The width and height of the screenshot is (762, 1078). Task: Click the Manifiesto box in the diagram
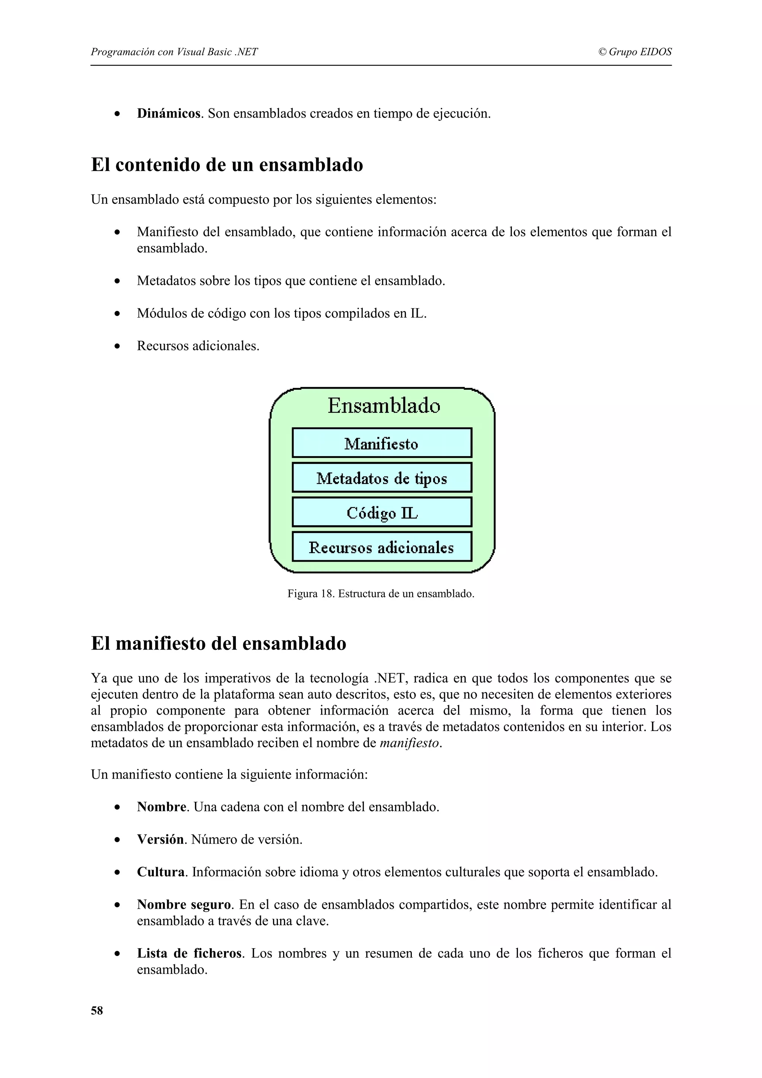click(x=381, y=443)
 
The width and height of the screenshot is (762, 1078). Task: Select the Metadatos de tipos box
click(x=381, y=478)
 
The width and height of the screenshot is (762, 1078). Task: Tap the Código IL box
click(x=381, y=512)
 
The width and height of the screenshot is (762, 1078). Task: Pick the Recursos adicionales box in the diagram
click(x=381, y=547)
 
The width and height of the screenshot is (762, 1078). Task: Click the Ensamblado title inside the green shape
click(x=384, y=406)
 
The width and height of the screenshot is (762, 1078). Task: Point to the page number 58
click(x=97, y=1010)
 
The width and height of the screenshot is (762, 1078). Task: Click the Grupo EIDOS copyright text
click(x=635, y=52)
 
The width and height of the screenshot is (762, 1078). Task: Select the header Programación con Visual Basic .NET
click(x=174, y=52)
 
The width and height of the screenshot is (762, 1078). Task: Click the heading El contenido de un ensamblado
click(x=227, y=165)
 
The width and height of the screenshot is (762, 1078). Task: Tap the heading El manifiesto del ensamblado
click(x=218, y=643)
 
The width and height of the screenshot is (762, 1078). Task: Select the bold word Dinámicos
click(x=169, y=113)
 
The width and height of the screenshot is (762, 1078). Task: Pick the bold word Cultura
click(x=161, y=872)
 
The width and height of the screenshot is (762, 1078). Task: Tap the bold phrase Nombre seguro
click(x=184, y=904)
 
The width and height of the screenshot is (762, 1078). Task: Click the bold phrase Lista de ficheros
click(x=189, y=953)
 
